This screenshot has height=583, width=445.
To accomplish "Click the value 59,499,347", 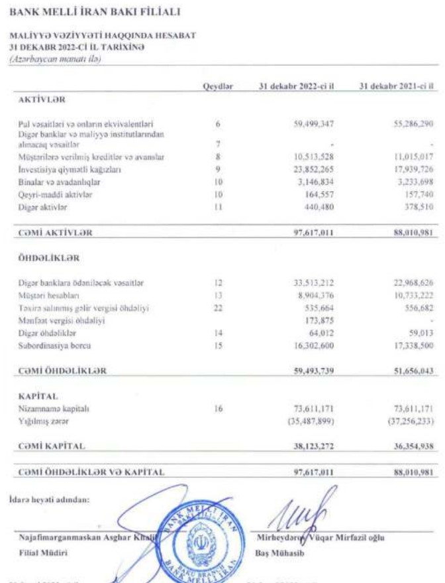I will click(x=317, y=123).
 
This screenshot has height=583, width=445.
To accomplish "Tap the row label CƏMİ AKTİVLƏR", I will click(x=54, y=232).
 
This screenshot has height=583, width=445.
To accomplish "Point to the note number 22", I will click(x=217, y=309).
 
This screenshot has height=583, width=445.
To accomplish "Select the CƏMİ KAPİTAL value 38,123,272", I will click(x=315, y=445).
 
